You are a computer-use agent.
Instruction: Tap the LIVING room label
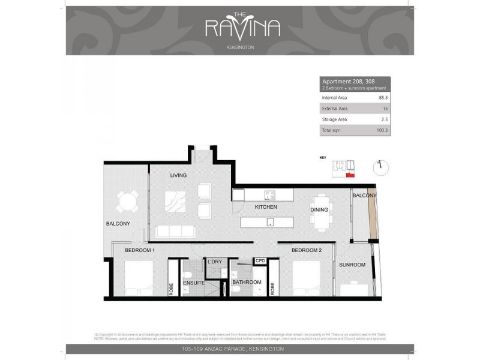point(178,175)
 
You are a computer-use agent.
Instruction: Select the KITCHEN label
point(266,207)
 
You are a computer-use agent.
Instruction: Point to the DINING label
point(319,210)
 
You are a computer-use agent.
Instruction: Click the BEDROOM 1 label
point(140,250)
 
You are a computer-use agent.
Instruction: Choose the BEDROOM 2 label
point(307,250)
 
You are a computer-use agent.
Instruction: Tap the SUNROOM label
point(352,265)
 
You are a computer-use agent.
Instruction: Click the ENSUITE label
point(194,283)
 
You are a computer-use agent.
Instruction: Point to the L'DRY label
point(215,262)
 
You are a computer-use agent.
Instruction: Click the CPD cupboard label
point(260,261)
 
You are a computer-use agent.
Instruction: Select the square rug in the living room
point(177,201)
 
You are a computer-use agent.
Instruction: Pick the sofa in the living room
point(174,231)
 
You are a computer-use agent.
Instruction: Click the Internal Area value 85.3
point(382,97)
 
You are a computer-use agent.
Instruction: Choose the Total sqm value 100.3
point(381,130)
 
